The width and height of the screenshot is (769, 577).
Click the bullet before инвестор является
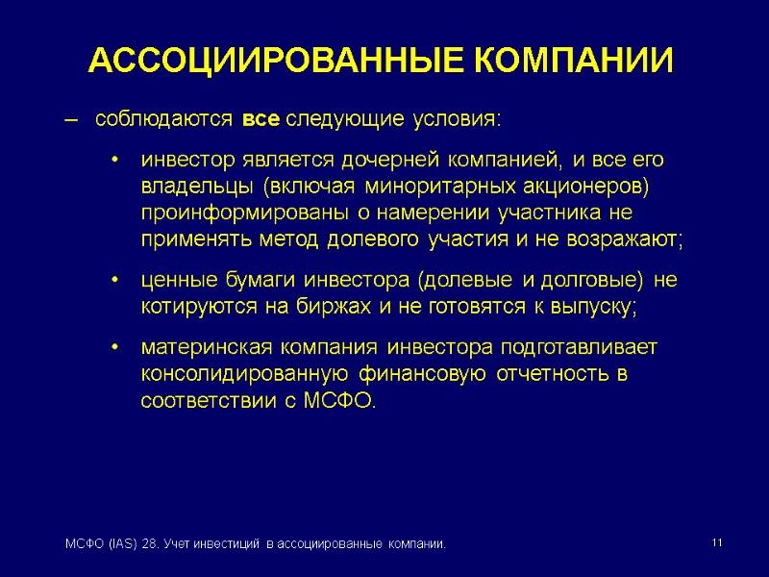coord(114,159)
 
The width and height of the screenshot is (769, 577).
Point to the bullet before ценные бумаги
coord(114,281)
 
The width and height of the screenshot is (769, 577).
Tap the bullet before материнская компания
coord(114,347)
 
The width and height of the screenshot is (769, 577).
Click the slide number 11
coord(716,544)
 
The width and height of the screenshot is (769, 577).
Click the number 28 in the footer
coord(146,545)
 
